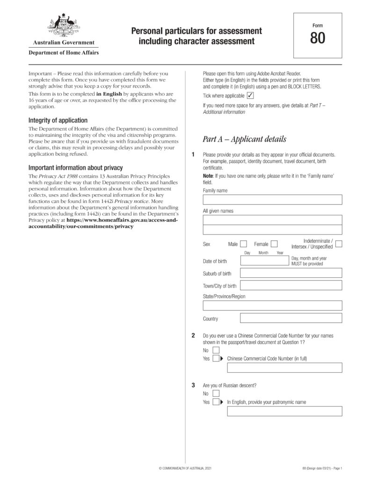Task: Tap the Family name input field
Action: click(272, 200)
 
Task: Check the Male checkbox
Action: click(243, 244)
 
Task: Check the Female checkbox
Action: click(274, 244)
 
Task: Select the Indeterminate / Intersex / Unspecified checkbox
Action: click(339, 244)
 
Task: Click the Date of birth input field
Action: click(264, 261)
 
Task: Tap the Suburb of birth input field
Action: click(291, 273)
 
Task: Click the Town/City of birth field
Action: click(291, 286)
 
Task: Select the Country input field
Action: click(291, 319)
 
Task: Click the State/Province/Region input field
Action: click(272, 305)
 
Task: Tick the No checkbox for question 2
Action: click(216, 350)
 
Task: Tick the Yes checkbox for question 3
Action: click(216, 402)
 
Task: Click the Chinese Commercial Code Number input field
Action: click(284, 368)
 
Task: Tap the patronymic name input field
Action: click(284, 411)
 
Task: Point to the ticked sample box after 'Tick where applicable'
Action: click(250, 95)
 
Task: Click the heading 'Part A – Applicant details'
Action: click(244, 139)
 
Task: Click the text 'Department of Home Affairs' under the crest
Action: click(64, 53)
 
